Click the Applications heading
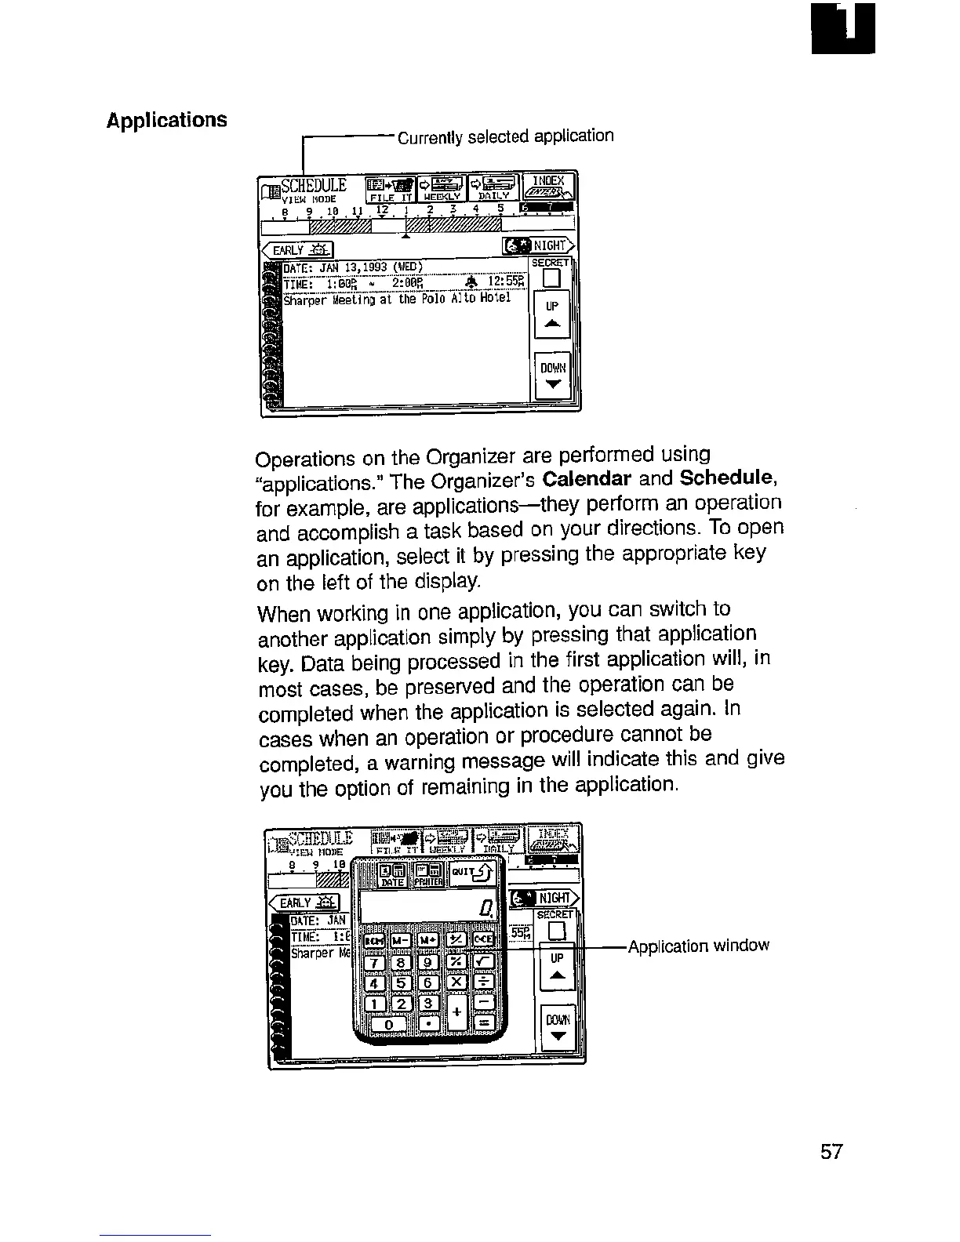point(166,120)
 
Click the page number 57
point(831,1152)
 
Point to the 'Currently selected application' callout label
point(505,136)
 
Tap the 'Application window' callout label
point(698,946)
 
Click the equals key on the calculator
point(483,1024)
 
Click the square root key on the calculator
point(483,962)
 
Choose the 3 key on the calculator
point(427,1004)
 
